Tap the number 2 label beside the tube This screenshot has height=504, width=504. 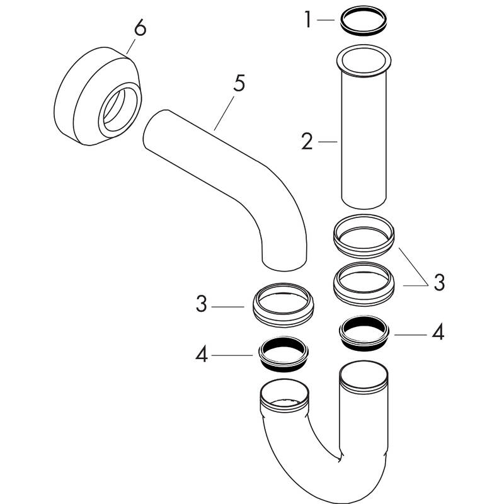pyautogui.click(x=307, y=142)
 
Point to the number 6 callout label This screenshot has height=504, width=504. pyautogui.click(x=140, y=29)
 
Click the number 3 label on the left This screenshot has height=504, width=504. pyautogui.click(x=201, y=305)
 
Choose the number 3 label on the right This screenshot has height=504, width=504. pyautogui.click(x=438, y=282)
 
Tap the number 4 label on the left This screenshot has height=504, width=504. pyautogui.click(x=201, y=355)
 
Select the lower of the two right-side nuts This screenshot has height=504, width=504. pyautogui.click(x=364, y=283)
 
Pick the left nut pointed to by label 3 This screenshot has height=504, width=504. pyautogui.click(x=283, y=304)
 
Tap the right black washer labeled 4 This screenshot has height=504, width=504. pyautogui.click(x=364, y=334)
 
